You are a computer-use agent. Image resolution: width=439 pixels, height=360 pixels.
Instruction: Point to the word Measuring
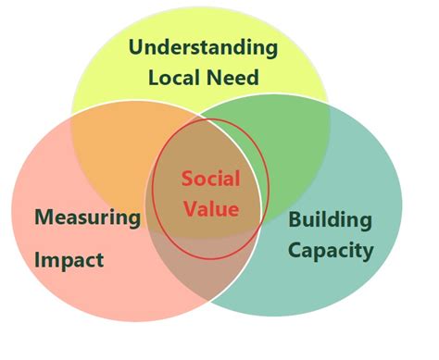click(x=88, y=218)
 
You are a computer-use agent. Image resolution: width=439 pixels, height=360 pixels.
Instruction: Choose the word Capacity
click(x=331, y=249)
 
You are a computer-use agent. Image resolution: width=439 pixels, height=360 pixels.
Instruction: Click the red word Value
click(x=210, y=208)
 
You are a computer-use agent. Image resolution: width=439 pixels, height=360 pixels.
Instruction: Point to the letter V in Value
click(x=189, y=208)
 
